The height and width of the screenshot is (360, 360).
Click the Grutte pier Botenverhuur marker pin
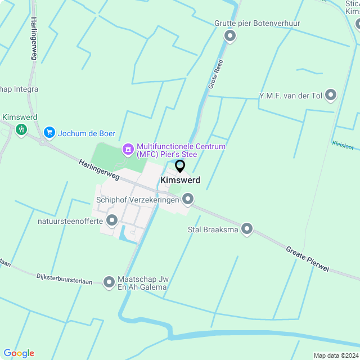[229, 36]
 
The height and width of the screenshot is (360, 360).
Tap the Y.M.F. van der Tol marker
[331, 95]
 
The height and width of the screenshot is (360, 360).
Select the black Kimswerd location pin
[180, 166]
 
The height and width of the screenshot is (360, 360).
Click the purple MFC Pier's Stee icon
[128, 150]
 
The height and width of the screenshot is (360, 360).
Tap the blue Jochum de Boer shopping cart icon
[49, 133]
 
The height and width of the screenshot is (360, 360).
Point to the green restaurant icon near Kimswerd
[21, 129]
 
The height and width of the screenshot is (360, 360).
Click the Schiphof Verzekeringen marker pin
[188, 199]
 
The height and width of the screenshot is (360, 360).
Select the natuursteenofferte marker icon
[111, 220]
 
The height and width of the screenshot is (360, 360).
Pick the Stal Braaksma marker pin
[246, 229]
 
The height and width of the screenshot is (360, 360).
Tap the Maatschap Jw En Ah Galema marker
[110, 281]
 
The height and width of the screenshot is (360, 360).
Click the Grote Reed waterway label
[215, 74]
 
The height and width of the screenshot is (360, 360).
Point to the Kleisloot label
[343, 145]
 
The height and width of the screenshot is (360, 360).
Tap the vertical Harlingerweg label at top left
[34, 38]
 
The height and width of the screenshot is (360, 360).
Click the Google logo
[19, 353]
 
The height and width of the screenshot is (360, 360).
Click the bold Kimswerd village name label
[180, 180]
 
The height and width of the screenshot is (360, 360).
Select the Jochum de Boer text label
[87, 133]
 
